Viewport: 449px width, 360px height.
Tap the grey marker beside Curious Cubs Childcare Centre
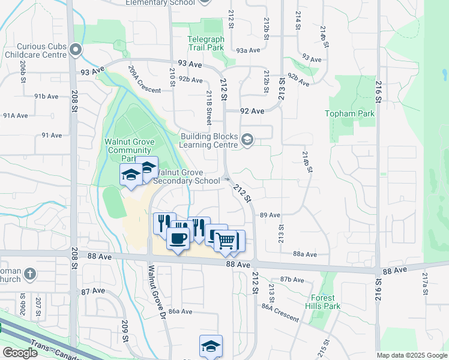coord(76,50)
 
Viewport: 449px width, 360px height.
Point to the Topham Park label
coord(358,113)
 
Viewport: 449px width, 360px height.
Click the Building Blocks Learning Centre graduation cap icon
coord(247,140)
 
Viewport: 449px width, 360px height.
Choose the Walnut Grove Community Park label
coord(130,150)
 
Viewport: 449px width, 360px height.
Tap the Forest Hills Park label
coord(326,302)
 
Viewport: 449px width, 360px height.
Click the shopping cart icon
coord(227,241)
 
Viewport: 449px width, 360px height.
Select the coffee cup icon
coord(178,238)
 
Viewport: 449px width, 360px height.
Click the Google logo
coord(20,353)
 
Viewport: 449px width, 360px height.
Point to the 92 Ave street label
coord(252,111)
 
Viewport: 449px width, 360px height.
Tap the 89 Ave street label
coord(270,215)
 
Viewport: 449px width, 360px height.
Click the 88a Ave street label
coord(305,254)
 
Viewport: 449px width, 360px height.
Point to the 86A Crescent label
coord(280,312)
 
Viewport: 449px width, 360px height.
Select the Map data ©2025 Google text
coord(411,355)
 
